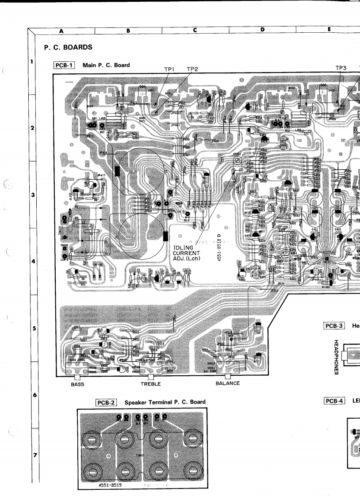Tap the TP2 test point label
coord(192,69)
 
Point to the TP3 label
coord(341,68)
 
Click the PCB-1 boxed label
coord(63,65)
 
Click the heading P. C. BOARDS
coord(68,47)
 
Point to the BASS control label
coord(77,384)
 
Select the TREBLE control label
coord(150,384)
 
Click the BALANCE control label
coord(227,383)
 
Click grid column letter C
coord(195,31)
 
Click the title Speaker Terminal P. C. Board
coord(165,402)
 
